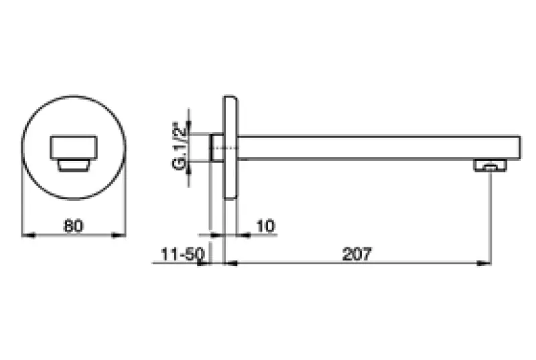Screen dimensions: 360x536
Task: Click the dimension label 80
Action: pos(73,226)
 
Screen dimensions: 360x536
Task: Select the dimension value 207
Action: pos(357,254)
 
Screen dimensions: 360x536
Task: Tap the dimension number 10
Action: pos(265,226)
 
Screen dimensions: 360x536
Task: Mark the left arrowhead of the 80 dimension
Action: pos(25,235)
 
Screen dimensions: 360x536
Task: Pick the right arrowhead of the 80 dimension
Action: pos(121,235)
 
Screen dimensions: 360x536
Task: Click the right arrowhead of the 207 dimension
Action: pos(486,263)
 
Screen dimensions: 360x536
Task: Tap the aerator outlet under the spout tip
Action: pos(490,165)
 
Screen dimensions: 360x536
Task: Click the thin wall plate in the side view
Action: pos(230,147)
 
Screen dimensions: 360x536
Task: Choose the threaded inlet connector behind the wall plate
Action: pos(217,147)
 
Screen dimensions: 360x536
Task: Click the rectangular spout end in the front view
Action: pos(74,147)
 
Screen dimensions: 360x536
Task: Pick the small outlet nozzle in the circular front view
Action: pos(73,165)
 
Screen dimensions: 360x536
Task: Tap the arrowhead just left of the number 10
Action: pos(243,235)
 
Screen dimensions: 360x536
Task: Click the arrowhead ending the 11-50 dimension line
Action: pos(206,263)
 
